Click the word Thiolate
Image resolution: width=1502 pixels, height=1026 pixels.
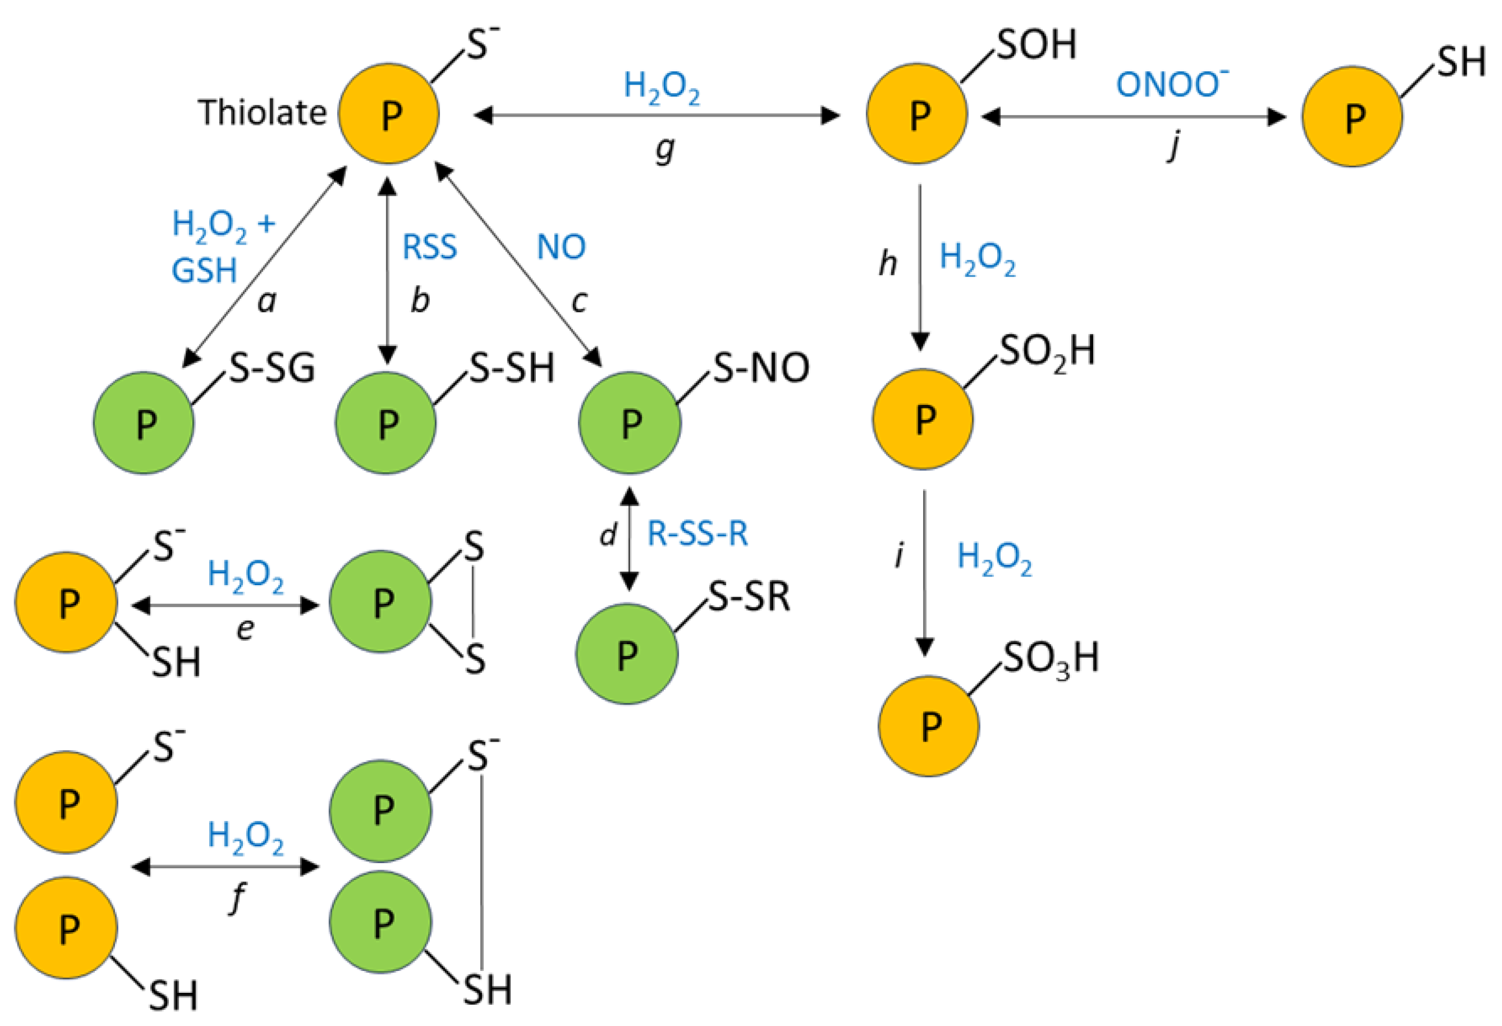point(262,113)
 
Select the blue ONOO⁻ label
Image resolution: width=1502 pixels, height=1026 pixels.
point(1171,84)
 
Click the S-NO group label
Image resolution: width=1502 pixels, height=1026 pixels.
point(761,368)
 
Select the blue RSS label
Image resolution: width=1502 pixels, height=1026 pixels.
point(429,247)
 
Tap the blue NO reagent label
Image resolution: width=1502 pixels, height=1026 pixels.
point(561,247)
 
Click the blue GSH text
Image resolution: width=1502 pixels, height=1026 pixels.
point(204,270)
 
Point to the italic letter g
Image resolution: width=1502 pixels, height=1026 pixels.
point(664,149)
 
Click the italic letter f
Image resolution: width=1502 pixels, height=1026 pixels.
point(238,898)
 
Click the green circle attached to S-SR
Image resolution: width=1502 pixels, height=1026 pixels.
point(626,654)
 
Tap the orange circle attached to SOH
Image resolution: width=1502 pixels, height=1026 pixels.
point(917,114)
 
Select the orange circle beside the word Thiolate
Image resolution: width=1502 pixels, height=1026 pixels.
point(388,114)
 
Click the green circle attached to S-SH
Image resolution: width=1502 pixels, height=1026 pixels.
point(385,423)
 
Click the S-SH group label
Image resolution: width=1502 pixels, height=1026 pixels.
point(511,368)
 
